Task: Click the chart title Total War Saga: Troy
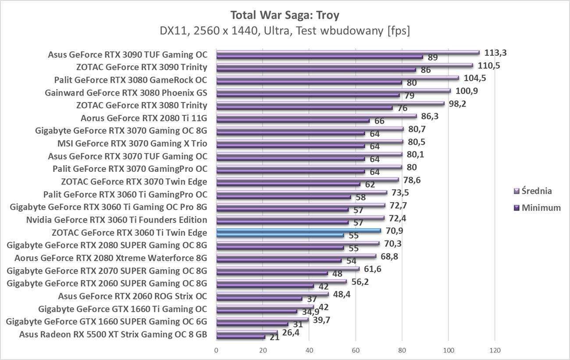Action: (x=285, y=15)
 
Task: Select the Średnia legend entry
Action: (x=533, y=191)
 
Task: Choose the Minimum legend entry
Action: (x=537, y=208)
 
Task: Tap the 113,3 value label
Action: (x=495, y=53)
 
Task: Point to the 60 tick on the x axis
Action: (x=355, y=351)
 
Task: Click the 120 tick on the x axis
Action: (x=494, y=351)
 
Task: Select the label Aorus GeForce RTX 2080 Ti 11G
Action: (x=144, y=118)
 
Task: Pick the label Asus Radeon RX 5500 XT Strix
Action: (x=113, y=335)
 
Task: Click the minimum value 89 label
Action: (x=433, y=57)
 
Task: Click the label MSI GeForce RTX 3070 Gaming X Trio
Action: (x=132, y=143)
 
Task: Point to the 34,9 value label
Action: (x=309, y=312)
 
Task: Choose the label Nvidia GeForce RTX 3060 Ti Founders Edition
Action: (x=116, y=220)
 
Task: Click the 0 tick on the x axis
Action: (x=216, y=351)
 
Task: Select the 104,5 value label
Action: (x=474, y=78)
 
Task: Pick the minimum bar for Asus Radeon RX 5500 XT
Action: (x=241, y=337)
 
